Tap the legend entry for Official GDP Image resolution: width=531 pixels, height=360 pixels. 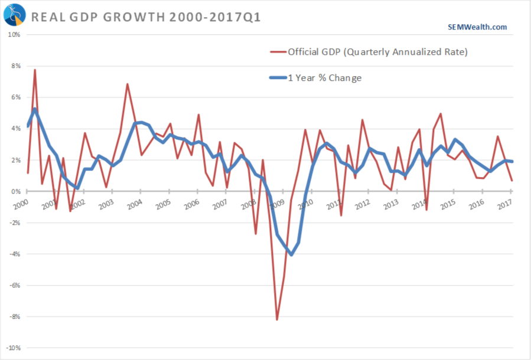tap(377, 53)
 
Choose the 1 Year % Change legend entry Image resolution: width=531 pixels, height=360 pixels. tap(324, 78)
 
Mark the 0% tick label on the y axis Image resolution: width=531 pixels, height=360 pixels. tap(15, 191)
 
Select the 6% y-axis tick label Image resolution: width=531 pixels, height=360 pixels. tap(15, 97)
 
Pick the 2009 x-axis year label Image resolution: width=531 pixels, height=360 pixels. tap(277, 204)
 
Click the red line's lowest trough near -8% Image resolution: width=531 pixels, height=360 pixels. tap(276, 320)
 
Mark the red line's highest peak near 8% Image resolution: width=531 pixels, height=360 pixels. tap(35, 70)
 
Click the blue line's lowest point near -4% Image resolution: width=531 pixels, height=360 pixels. tap(291, 255)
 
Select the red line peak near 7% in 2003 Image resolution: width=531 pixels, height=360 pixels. tap(127, 84)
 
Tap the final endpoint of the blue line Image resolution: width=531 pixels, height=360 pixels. tap(512, 162)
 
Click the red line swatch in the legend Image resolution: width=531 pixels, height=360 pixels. tap(277, 53)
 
